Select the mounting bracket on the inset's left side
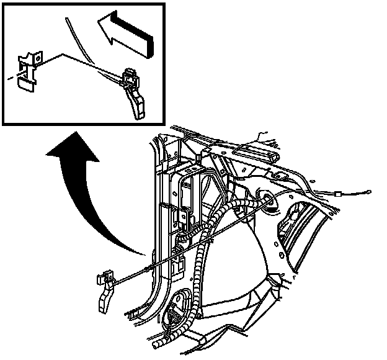coord(27,65)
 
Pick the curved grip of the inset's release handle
coord(136,102)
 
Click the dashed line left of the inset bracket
coord(11,78)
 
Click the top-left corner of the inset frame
coord(3,4)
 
